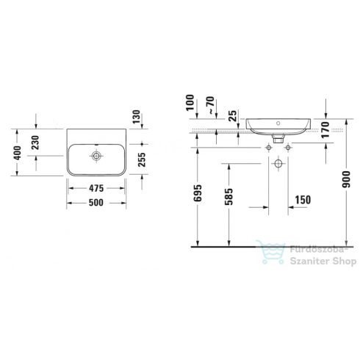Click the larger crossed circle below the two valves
(278, 164)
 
